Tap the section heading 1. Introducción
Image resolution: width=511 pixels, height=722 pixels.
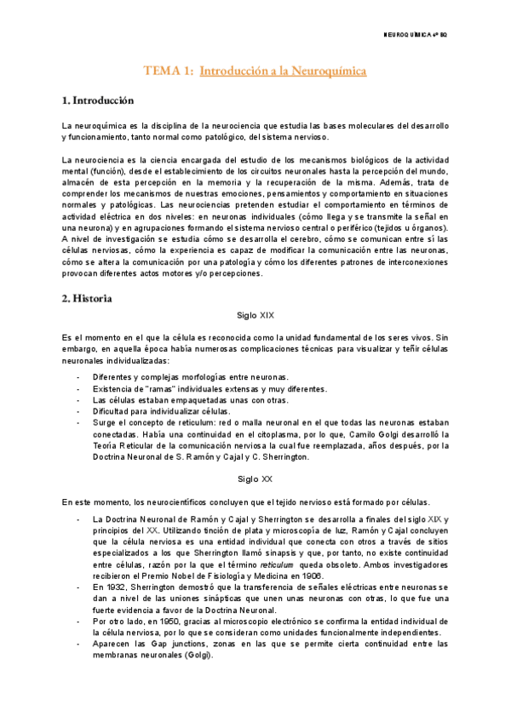click(98, 100)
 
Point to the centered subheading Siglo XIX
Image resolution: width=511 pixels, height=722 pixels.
click(255, 315)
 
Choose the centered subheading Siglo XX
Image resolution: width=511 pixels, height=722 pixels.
click(255, 478)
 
